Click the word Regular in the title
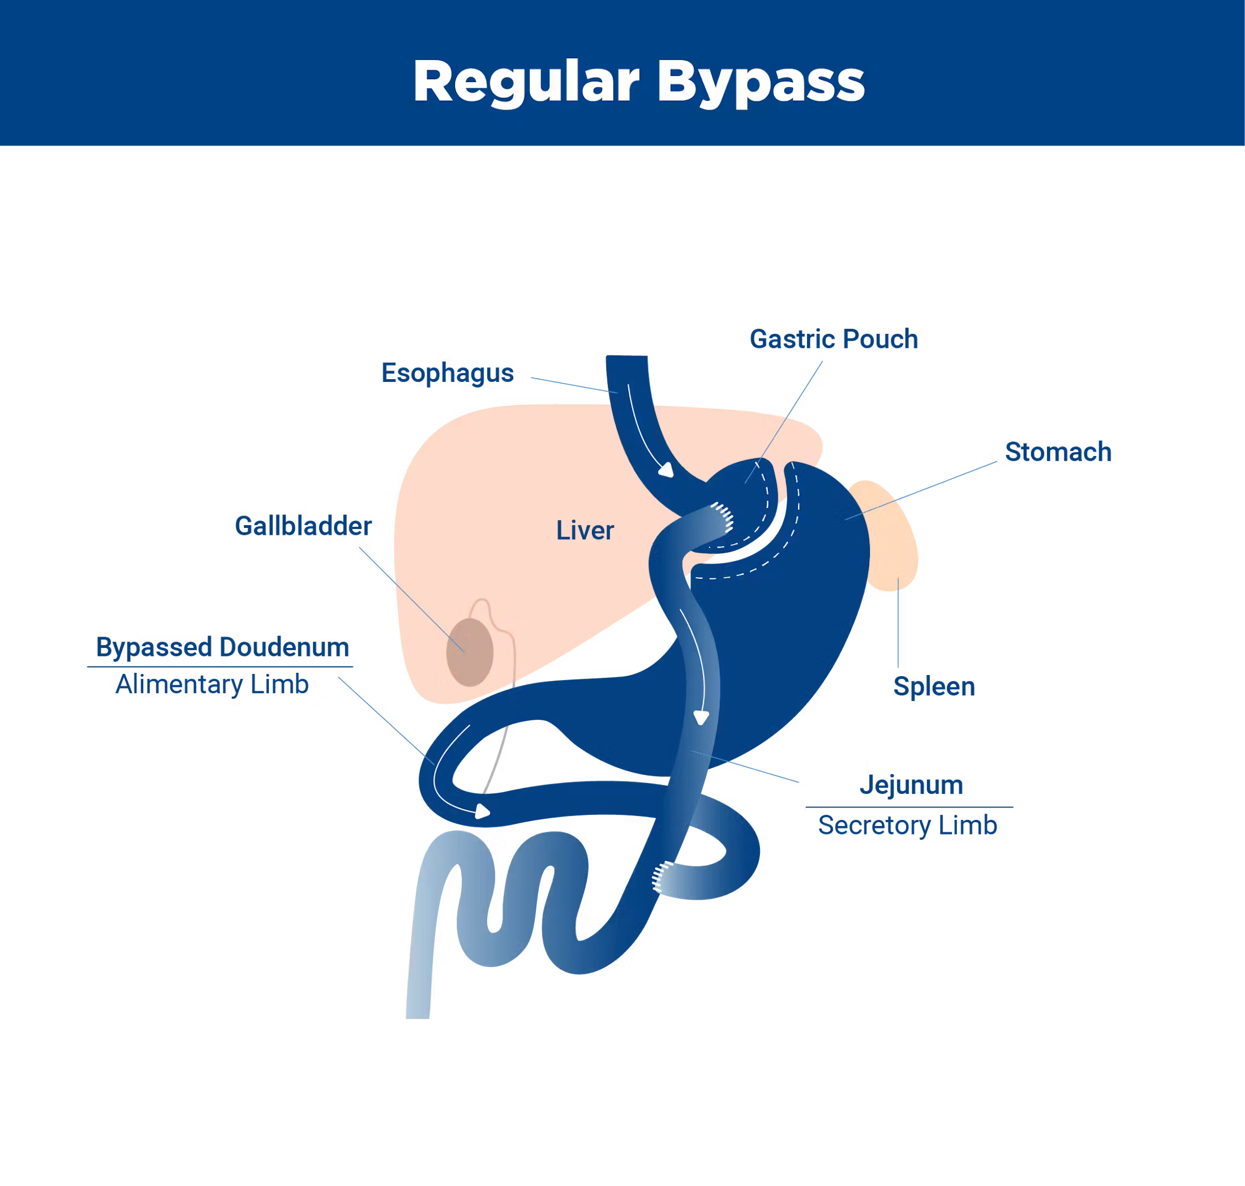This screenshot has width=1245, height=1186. click(526, 81)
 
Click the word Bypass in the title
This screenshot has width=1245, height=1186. click(761, 81)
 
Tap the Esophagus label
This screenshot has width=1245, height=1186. click(447, 373)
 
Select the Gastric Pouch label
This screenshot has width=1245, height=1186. click(834, 339)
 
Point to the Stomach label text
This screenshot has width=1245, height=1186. click(1058, 452)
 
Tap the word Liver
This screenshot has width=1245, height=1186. click(585, 530)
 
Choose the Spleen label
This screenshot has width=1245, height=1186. click(934, 686)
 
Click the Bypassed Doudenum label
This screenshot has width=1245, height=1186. click(222, 647)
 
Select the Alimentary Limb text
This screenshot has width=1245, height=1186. click(212, 684)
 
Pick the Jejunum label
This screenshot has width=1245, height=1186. click(911, 785)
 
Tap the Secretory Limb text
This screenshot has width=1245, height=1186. click(907, 825)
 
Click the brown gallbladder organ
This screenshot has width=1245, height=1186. click(470, 652)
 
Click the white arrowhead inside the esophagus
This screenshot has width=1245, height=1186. click(667, 470)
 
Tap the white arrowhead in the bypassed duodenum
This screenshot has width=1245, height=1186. click(483, 811)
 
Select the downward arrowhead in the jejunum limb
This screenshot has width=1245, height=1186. click(701, 717)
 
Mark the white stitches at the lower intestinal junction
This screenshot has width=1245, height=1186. click(662, 876)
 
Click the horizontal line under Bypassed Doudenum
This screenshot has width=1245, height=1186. click(220, 667)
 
